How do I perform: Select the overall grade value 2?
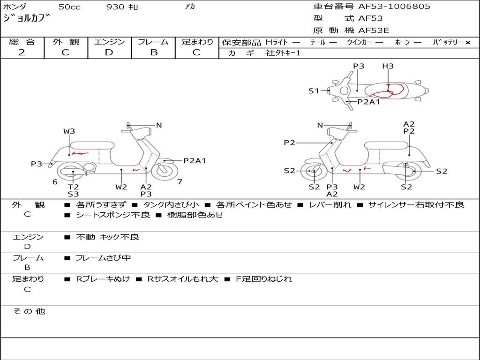pyautogui.click(x=22, y=52)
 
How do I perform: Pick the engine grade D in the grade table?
pyautogui.click(x=109, y=52)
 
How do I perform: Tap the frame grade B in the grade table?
pyautogui.click(x=154, y=52)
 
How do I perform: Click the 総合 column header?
pyautogui.click(x=22, y=42)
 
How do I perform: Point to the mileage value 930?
pyautogui.click(x=115, y=7)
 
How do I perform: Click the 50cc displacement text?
pyautogui.click(x=69, y=7)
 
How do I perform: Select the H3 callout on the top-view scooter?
pyautogui.click(x=388, y=66)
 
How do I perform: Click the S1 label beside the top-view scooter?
pyautogui.click(x=314, y=91)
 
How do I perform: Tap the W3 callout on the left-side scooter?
pyautogui.click(x=69, y=131)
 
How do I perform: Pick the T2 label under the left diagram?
pyautogui.click(x=73, y=187)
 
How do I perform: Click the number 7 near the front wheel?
pyautogui.click(x=180, y=181)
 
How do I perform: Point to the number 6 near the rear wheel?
pyautogui.click(x=55, y=182)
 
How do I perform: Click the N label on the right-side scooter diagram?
pyautogui.click(x=320, y=125)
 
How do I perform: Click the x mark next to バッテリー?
pyautogui.click(x=467, y=43)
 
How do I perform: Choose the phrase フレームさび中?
pyautogui.click(x=103, y=258)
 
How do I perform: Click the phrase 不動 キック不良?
pyautogui.click(x=107, y=237)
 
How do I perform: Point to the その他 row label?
pyautogui.click(x=29, y=311)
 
